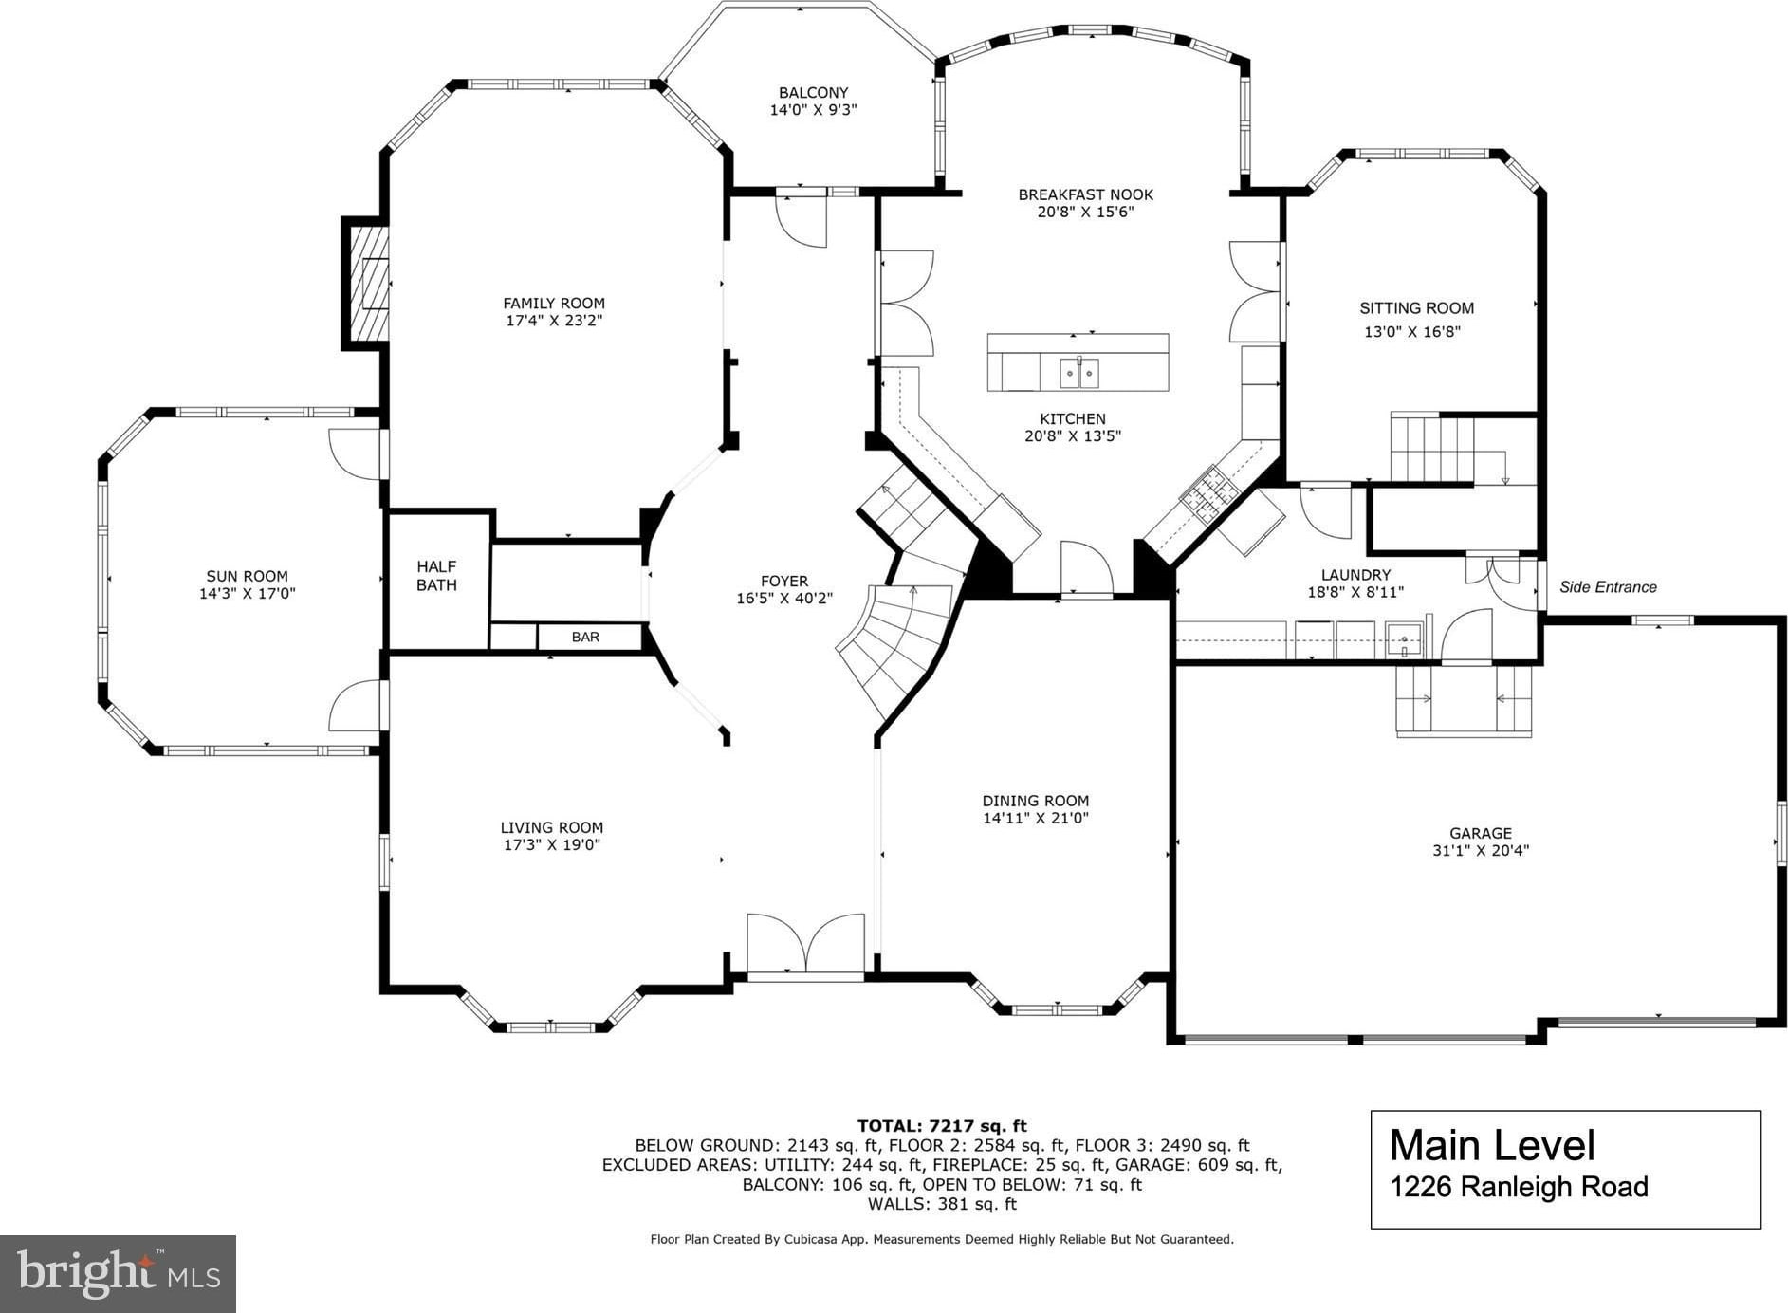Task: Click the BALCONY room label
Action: coord(813,92)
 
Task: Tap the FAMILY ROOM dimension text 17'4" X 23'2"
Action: coord(554,321)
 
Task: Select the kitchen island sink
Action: coord(1079,373)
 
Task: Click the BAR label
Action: coord(585,637)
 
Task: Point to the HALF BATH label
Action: coord(436,576)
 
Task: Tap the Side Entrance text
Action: coord(1608,587)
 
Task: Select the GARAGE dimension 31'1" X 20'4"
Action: coord(1481,851)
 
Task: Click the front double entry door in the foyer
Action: coord(806,944)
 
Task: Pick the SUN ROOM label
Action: coord(247,576)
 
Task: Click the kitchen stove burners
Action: coord(1209,494)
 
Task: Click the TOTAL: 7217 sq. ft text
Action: coord(942,1126)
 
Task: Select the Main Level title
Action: coord(1492,1145)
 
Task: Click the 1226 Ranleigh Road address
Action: coord(1519,1187)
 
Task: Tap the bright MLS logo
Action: coord(118,1273)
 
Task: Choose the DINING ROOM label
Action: coord(1036,801)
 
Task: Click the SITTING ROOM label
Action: coord(1416,307)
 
